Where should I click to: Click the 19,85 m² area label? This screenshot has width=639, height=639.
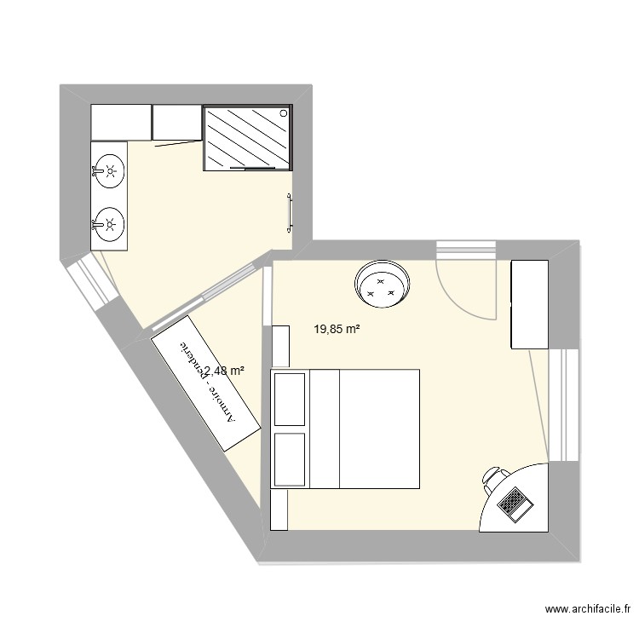coord(336,328)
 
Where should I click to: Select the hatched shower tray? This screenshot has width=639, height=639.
coord(247,138)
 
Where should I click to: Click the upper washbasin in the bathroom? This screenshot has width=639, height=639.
coord(109,170)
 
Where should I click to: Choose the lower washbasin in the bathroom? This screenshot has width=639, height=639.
coord(109,225)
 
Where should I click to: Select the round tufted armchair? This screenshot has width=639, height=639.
coord(382,284)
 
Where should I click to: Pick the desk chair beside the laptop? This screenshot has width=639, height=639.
coord(492,481)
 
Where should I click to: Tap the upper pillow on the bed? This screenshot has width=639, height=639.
coord(290,399)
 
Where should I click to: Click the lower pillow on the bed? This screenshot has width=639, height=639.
coord(290,458)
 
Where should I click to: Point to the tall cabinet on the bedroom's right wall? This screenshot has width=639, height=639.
coord(529,304)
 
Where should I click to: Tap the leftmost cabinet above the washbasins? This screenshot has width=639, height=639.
coord(120,124)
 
